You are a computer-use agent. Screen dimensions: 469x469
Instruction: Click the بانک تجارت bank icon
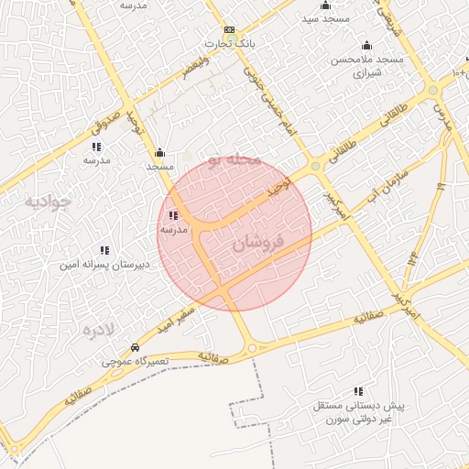[228, 30]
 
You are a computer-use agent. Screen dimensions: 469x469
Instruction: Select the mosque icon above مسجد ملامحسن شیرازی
[367, 46]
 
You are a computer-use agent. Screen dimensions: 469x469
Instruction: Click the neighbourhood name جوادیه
[48, 201]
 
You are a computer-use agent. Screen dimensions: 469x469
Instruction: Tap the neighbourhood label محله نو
[234, 160]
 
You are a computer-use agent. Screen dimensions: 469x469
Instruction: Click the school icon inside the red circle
[174, 216]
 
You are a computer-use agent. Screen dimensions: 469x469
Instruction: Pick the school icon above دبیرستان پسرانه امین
[104, 250]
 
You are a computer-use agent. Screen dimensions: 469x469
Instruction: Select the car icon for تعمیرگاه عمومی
[135, 348]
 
